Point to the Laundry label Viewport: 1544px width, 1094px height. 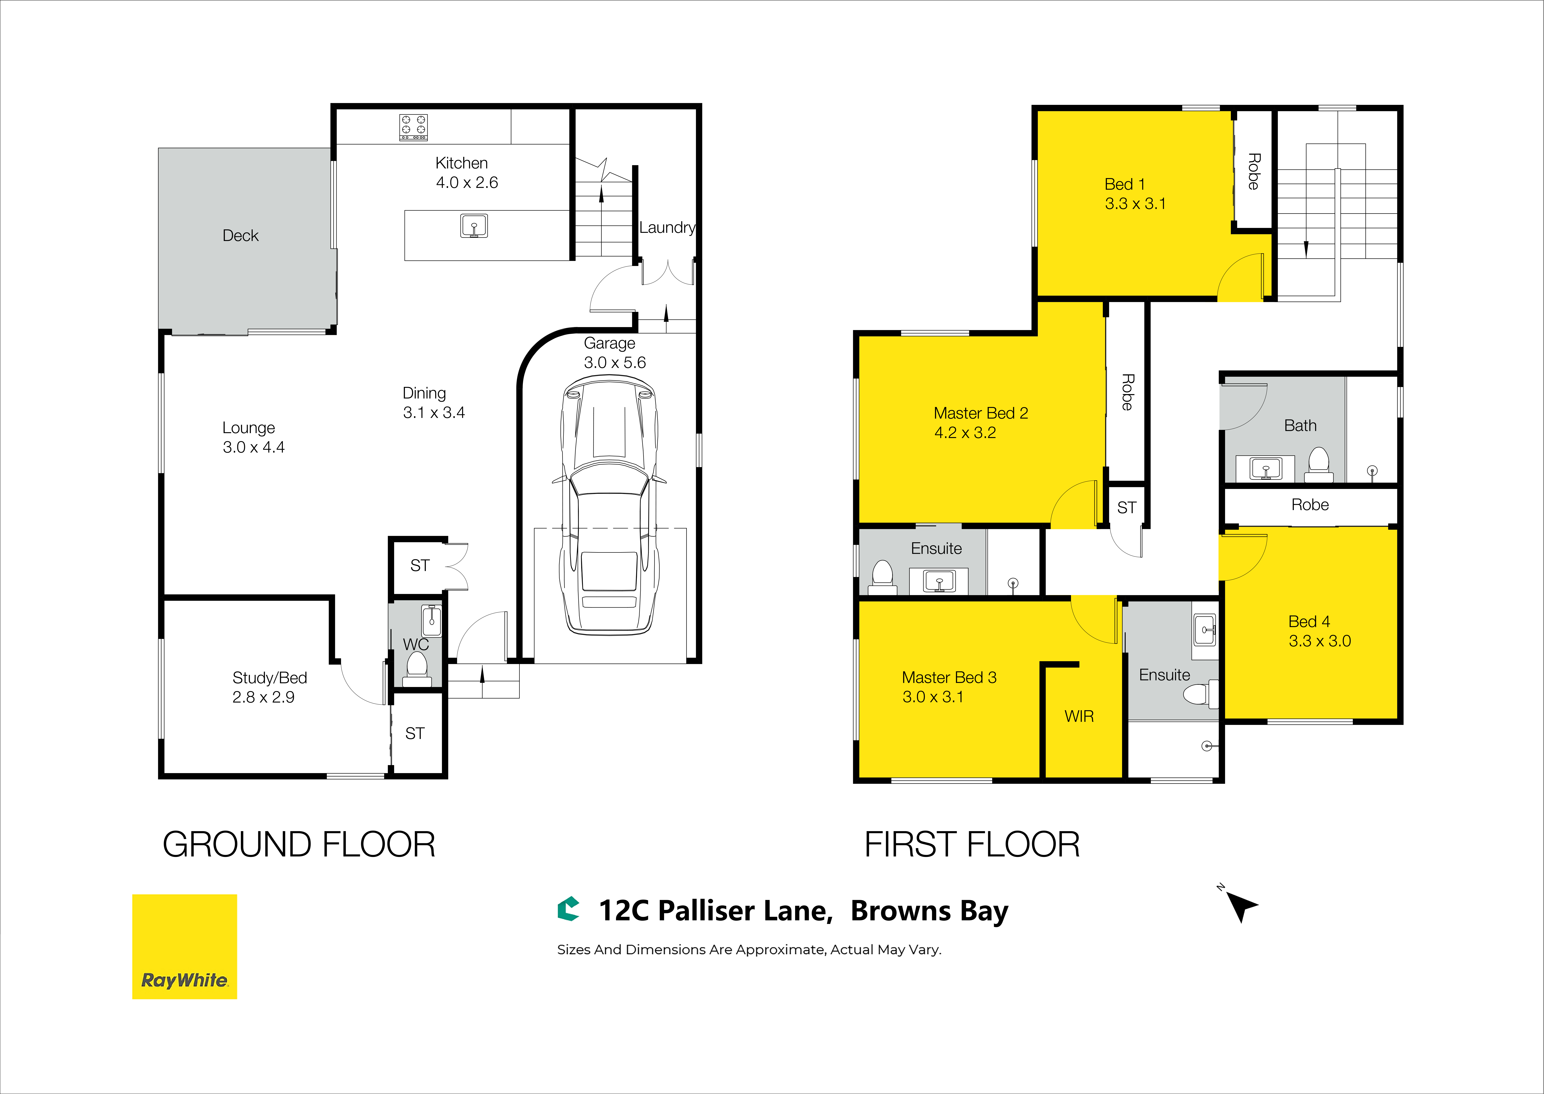pyautogui.click(x=667, y=228)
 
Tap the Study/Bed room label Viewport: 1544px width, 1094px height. pyautogui.click(x=269, y=678)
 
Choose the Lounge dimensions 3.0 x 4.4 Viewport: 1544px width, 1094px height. pyautogui.click(x=254, y=447)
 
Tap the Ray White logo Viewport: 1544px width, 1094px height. pyautogui.click(x=185, y=946)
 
